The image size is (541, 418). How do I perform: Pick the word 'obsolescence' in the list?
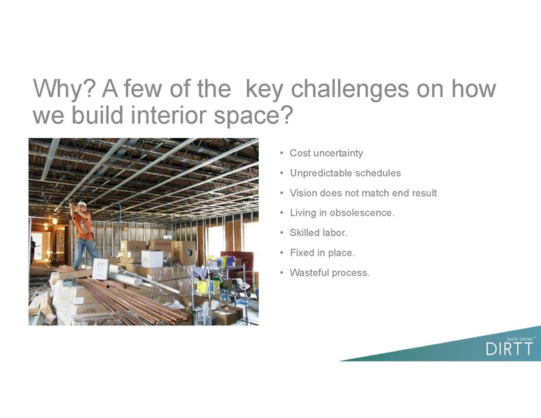357,212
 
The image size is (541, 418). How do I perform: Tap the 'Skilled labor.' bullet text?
318,233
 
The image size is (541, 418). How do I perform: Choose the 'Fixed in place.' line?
321,252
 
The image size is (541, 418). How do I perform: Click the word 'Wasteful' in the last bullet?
310,272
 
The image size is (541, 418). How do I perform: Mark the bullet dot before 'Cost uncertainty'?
281,153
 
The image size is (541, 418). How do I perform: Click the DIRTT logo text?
508,348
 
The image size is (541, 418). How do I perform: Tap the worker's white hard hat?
82,204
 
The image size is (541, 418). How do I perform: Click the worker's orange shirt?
84,224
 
